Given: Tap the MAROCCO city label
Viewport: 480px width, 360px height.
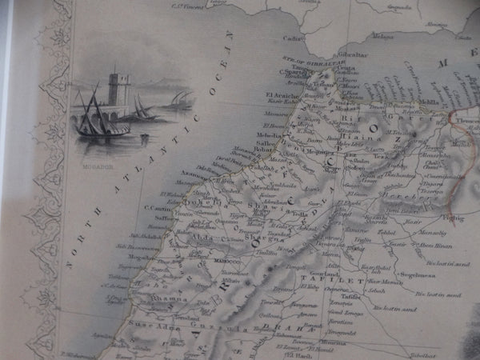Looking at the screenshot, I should [226, 262].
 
